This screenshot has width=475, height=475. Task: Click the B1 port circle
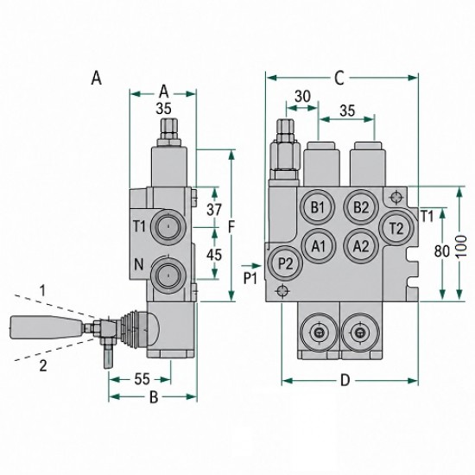tap(317, 207)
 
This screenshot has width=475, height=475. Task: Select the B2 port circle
tap(361, 207)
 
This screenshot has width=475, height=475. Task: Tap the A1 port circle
tap(319, 246)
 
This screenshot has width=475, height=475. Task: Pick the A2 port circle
tap(361, 245)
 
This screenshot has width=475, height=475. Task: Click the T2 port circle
tap(396, 228)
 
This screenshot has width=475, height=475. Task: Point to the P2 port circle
tap(285, 263)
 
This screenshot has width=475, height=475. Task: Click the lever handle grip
tap(46, 327)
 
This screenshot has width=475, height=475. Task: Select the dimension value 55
tap(142, 379)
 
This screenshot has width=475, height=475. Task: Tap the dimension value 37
tap(214, 209)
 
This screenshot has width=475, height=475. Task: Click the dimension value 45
tap(214, 255)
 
